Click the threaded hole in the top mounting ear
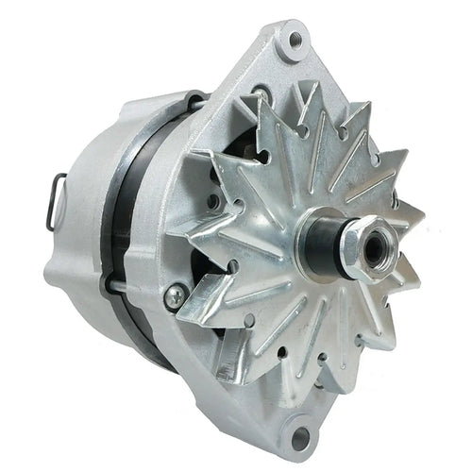[x=295, y=40]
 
